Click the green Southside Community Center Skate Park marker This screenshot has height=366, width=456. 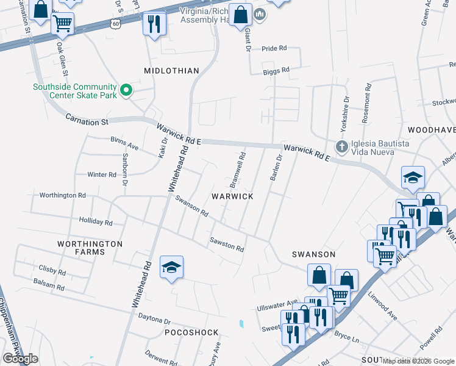126,91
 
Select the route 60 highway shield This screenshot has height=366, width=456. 116,23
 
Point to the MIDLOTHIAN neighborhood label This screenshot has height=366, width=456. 171,71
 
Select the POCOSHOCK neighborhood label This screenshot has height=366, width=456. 191,332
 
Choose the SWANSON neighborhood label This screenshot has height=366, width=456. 313,254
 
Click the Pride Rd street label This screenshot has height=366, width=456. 274,48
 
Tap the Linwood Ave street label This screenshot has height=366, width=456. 382,306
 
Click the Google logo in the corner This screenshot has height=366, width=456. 20,359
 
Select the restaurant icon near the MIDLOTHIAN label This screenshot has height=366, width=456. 152,24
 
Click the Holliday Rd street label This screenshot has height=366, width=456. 96,222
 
